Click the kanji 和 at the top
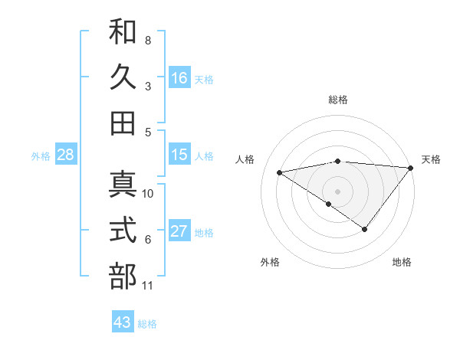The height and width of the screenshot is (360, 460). pyautogui.click(x=123, y=31)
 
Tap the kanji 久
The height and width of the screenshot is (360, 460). pyautogui.click(x=123, y=77)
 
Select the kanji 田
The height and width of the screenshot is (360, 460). pyautogui.click(x=123, y=123)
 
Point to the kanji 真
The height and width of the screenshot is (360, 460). pyautogui.click(x=123, y=185)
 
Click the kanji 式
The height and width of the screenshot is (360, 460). pyautogui.click(x=123, y=231)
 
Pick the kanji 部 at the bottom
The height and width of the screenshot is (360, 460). pyautogui.click(x=123, y=277)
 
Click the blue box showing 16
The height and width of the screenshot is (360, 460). pyautogui.click(x=179, y=77)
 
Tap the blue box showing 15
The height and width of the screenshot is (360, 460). pyautogui.click(x=179, y=155)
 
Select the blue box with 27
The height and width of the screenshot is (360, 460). pyautogui.click(x=179, y=231)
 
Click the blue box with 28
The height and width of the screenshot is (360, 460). pyautogui.click(x=66, y=155)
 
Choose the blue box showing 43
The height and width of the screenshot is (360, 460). pyautogui.click(x=123, y=322)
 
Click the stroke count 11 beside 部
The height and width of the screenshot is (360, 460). pyautogui.click(x=148, y=286)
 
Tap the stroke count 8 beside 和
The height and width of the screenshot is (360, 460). pyautogui.click(x=148, y=40)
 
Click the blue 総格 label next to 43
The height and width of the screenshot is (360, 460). pyautogui.click(x=148, y=324)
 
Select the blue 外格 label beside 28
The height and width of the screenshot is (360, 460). pyautogui.click(x=41, y=156)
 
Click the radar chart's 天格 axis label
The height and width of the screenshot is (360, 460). pyautogui.click(x=431, y=159)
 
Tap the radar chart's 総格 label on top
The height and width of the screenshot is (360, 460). pyautogui.click(x=338, y=100)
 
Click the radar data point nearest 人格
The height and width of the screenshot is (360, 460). pyautogui.click(x=280, y=172)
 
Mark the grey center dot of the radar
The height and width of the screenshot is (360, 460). pyautogui.click(x=337, y=190)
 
